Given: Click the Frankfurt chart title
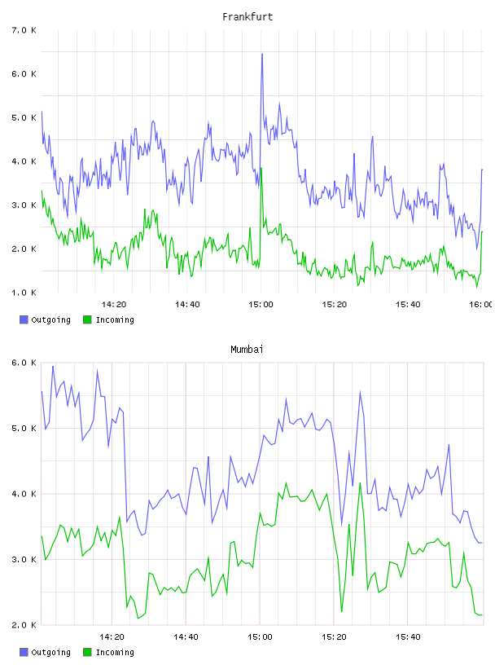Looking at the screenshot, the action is point(247,17).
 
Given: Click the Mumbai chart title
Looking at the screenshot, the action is point(247,350).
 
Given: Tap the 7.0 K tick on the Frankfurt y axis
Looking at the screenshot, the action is point(24,30).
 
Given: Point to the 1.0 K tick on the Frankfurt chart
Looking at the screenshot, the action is point(24,293).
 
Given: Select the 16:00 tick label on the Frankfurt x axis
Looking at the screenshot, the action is point(480,305).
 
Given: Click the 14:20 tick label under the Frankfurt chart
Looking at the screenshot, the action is point(114,305).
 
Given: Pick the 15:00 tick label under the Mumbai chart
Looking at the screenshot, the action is point(260,637).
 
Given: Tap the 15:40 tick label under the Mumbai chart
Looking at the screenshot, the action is point(408,637).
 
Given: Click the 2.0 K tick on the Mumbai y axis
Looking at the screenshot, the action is point(24,625).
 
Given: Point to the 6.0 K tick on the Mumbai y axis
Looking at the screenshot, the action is point(24,363).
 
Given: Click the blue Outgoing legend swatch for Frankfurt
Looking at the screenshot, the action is point(24,319).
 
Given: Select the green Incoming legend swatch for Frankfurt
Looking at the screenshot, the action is point(87,319).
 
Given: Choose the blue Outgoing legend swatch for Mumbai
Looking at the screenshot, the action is point(24,652).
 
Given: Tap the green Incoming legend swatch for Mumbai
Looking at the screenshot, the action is point(87,652).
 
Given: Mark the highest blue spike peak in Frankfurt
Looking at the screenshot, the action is point(262,55).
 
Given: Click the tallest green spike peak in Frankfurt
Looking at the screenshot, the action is point(261,169).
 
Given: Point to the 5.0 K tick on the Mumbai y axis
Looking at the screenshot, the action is point(24,429).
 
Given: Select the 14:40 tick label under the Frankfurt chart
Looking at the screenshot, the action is point(187,305).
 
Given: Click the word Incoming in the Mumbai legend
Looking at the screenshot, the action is point(115,652).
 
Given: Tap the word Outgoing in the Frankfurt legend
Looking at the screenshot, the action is point(50,319).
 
